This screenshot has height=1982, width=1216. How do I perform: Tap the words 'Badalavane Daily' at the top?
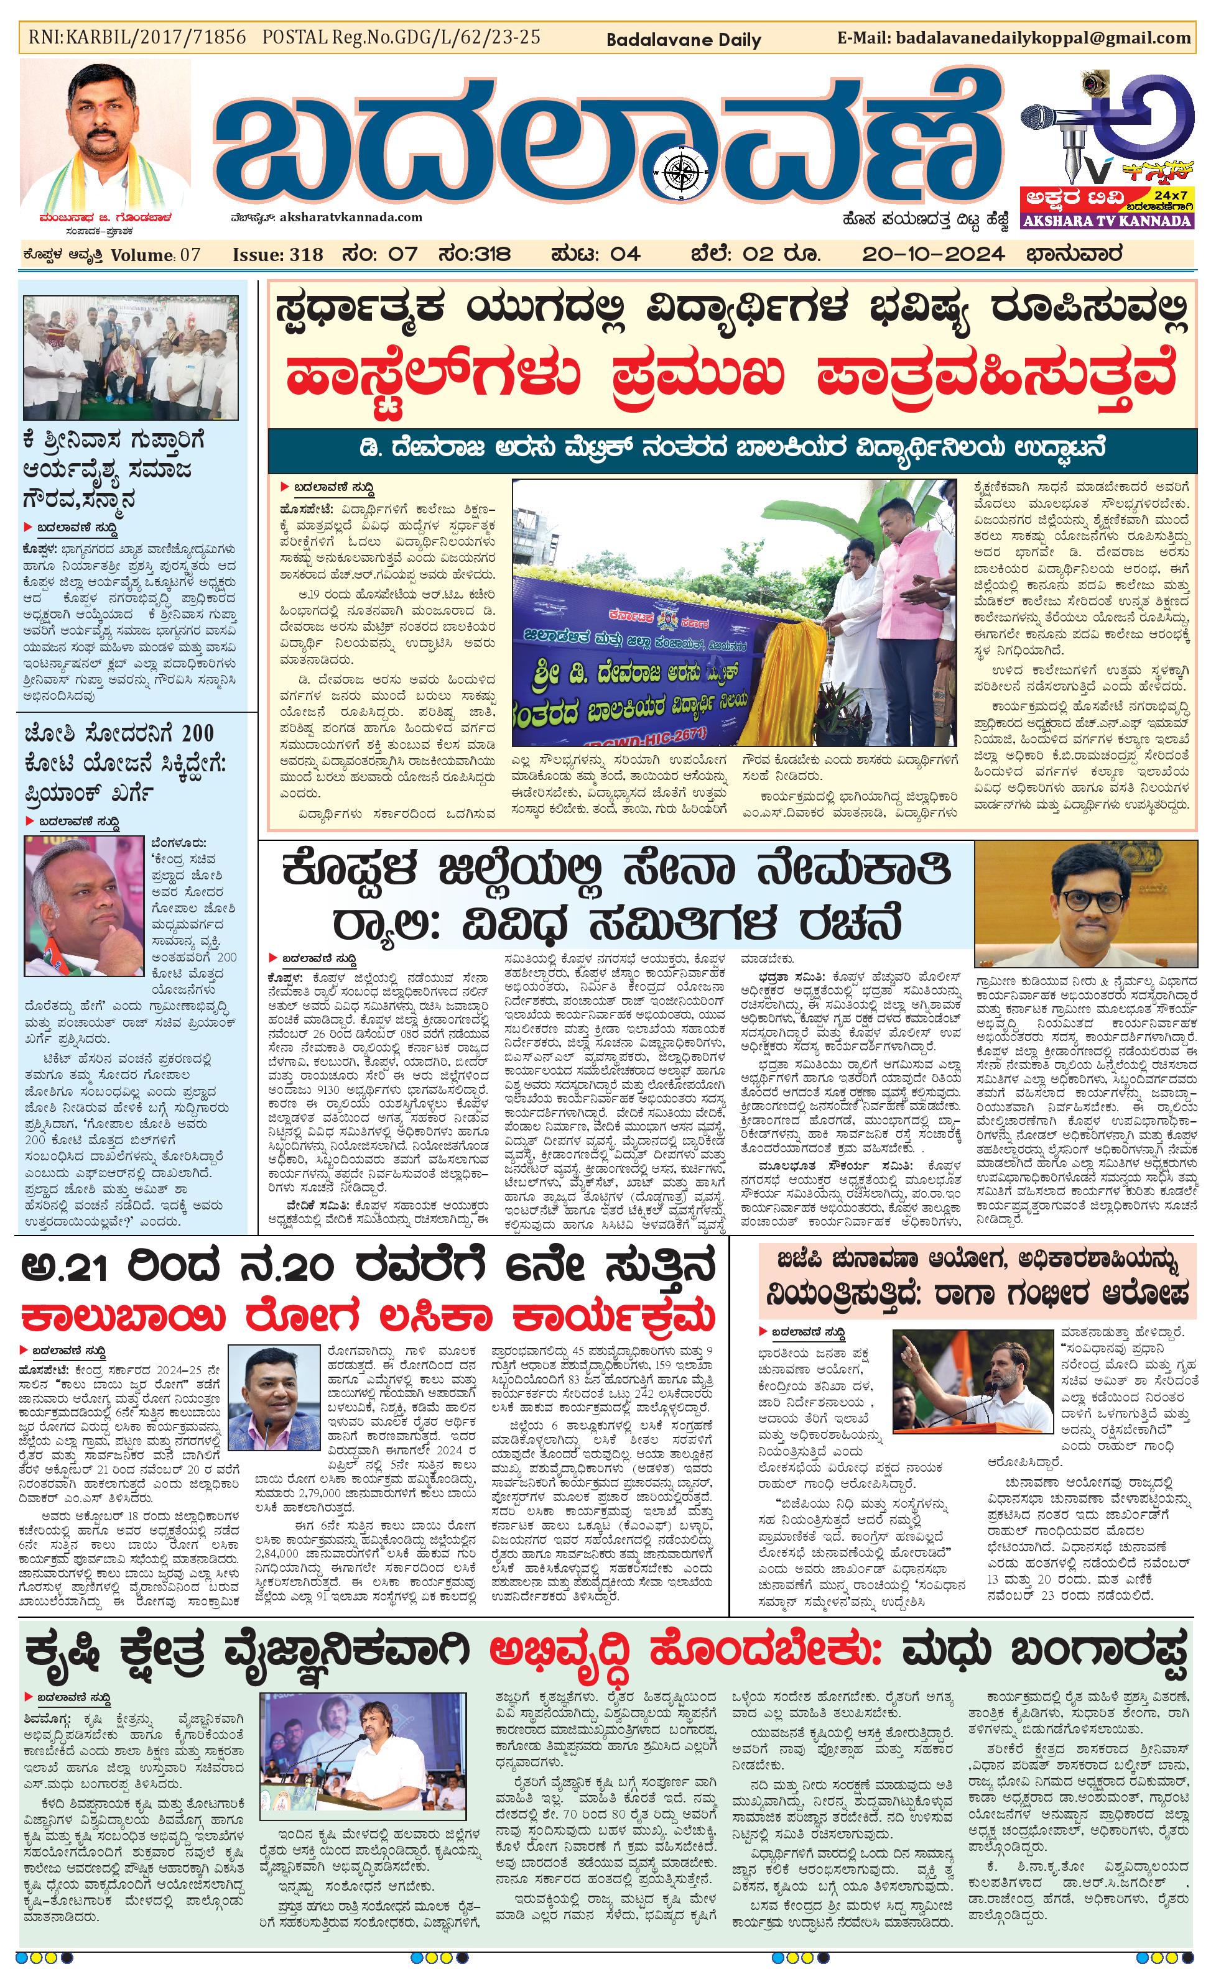[x=683, y=39]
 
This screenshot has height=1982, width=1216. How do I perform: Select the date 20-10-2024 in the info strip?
[x=933, y=255]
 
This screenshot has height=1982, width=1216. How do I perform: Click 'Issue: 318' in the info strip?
[x=277, y=255]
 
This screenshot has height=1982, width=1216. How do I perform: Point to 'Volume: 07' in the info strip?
[x=155, y=255]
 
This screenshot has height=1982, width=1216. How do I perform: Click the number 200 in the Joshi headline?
[x=197, y=733]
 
